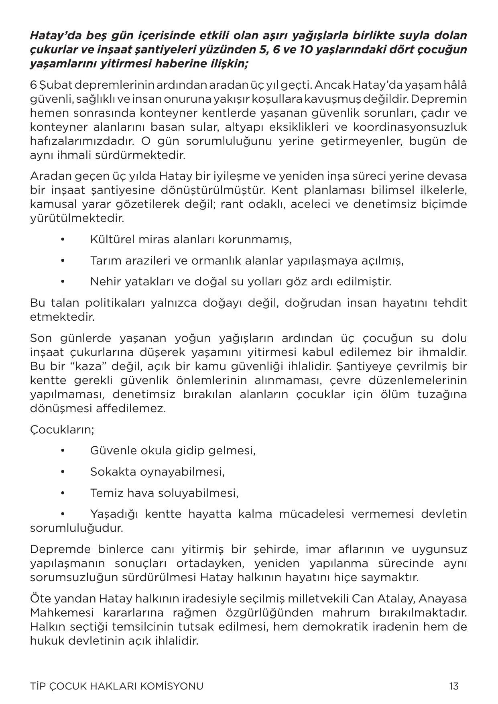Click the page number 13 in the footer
pyautogui.click(x=454, y=686)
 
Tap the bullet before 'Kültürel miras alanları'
pyautogui.click(x=63, y=240)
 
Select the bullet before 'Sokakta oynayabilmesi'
pyautogui.click(x=63, y=472)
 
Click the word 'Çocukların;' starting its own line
pyautogui.click(x=62, y=429)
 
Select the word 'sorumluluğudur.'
pyautogui.click(x=76, y=528)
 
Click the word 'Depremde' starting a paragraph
pyautogui.click(x=58, y=549)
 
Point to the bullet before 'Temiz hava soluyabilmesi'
pyautogui.click(x=63, y=492)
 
